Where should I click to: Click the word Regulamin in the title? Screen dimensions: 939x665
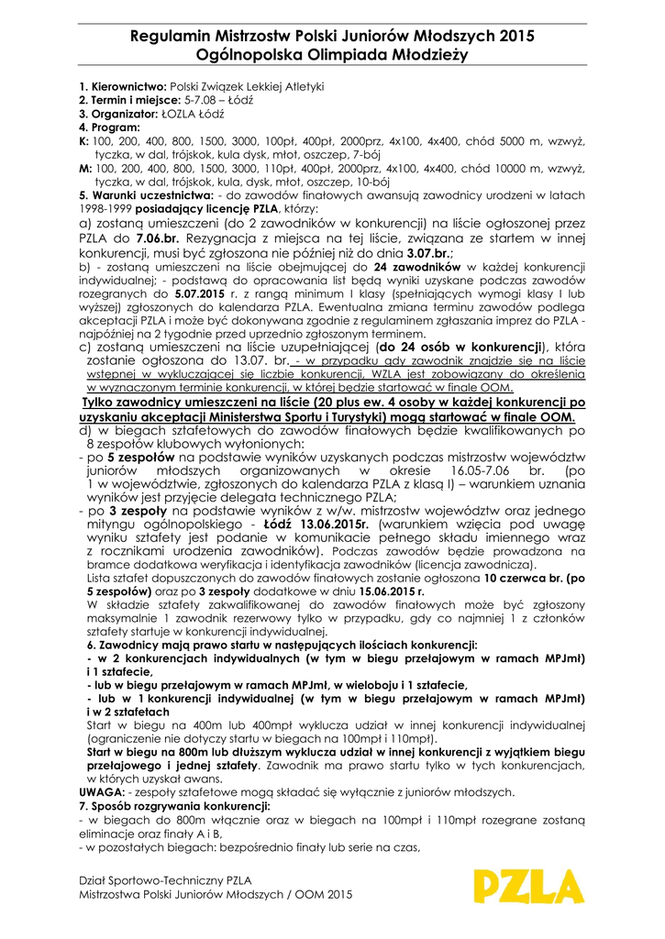coord(172,37)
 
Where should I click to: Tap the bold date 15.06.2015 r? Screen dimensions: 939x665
coord(384,592)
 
